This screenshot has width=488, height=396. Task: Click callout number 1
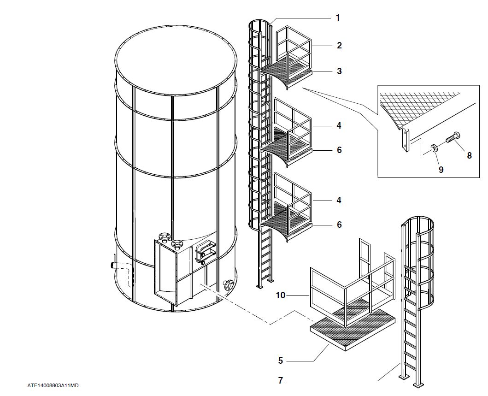pyautogui.click(x=338, y=18)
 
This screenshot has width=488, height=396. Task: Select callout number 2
pyautogui.click(x=339, y=45)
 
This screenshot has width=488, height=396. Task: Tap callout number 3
pyautogui.click(x=339, y=71)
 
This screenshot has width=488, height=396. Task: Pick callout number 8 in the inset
pyautogui.click(x=469, y=155)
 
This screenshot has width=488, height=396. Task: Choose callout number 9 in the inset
pyautogui.click(x=441, y=169)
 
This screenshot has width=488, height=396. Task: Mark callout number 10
pyautogui.click(x=281, y=295)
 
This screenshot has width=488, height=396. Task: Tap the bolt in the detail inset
pyautogui.click(x=453, y=137)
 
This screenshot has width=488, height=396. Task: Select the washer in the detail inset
pyautogui.click(x=434, y=148)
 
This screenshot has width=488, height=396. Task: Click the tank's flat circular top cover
pyautogui.click(x=176, y=60)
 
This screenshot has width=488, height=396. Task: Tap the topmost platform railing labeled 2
pyautogui.click(x=295, y=46)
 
